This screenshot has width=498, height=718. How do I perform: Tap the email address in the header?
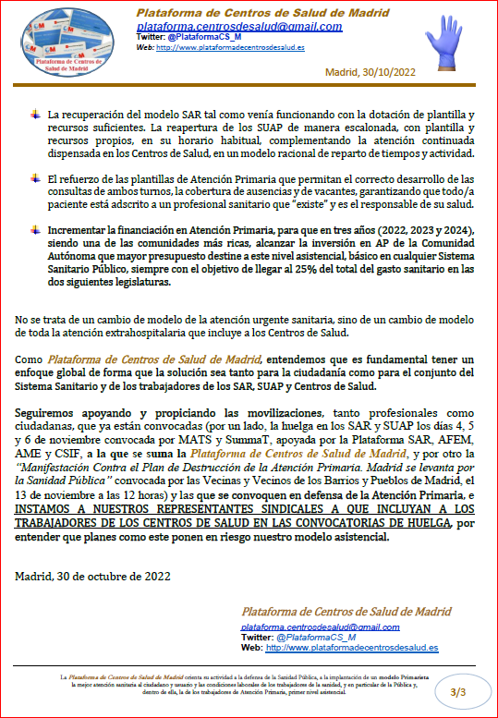coord(238,27)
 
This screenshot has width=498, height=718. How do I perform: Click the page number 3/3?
coord(458,691)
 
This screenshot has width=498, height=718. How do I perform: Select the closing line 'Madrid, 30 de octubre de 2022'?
coord(93,576)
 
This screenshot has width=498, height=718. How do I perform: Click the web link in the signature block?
coord(352,648)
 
